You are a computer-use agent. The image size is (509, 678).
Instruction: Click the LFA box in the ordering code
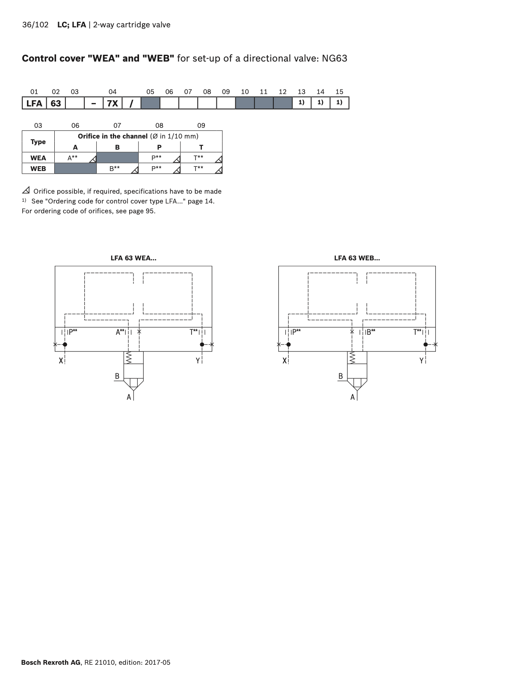pyautogui.click(x=34, y=103)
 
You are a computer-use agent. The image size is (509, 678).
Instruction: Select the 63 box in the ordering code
pyautogui.click(x=56, y=103)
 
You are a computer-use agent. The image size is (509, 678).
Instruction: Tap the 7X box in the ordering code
pyautogui.click(x=112, y=103)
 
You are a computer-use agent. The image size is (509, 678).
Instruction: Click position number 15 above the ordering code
pyautogui.click(x=339, y=92)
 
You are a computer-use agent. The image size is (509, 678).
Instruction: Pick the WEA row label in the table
pyautogui.click(x=38, y=158)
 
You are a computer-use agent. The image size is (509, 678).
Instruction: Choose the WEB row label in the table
pyautogui.click(x=38, y=169)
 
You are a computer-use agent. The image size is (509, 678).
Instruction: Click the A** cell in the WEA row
pyautogui.click(x=75, y=158)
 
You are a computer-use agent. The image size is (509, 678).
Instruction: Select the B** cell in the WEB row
pyautogui.click(x=118, y=168)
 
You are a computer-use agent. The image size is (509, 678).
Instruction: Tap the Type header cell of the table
pyautogui.click(x=38, y=141)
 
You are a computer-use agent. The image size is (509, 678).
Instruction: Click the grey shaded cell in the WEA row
pyautogui.click(x=118, y=158)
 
